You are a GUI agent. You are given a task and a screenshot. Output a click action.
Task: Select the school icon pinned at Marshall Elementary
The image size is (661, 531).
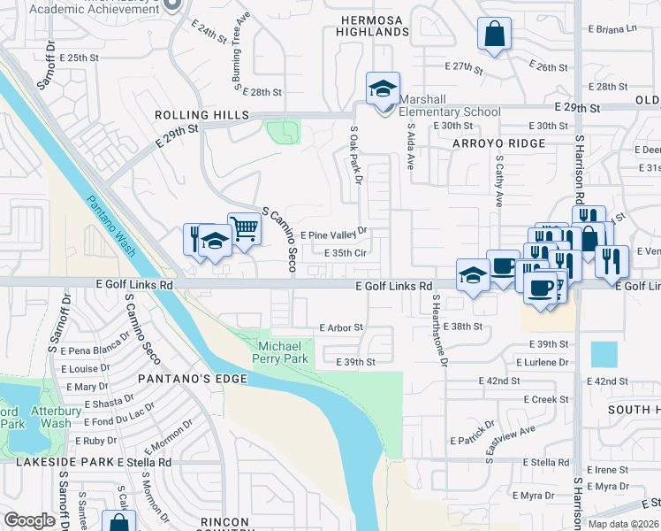click(384, 88)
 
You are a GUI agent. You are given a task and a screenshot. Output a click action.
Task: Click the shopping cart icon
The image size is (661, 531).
click(244, 229)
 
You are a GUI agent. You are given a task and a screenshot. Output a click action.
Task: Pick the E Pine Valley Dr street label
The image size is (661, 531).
click(333, 235)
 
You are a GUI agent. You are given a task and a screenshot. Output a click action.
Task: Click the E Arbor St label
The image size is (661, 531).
click(341, 327)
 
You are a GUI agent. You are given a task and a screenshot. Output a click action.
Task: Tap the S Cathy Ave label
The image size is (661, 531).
click(499, 181)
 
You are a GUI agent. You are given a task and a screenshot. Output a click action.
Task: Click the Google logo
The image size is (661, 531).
click(29, 520)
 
